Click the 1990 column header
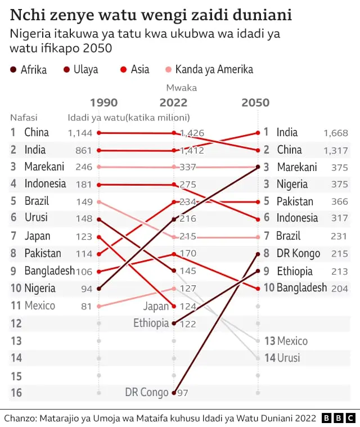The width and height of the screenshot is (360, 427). [x=104, y=102]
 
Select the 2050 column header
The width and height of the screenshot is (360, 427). [x=255, y=102]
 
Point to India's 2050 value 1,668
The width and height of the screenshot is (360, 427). [x=336, y=133]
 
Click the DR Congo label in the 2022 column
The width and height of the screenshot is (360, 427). [x=147, y=392]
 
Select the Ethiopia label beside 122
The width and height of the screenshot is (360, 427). [x=151, y=323]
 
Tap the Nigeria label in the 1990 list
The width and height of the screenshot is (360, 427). [x=40, y=288]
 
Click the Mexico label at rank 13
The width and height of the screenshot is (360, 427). [x=292, y=341]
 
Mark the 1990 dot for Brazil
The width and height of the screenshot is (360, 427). [x=99, y=201]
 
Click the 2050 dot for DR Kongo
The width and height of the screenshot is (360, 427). [x=258, y=254]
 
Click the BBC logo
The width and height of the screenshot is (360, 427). [x=339, y=418]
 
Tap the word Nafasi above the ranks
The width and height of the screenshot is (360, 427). [x=24, y=118]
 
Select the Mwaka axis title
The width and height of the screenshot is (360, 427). [x=181, y=88]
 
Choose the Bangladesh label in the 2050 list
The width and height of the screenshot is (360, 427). [x=301, y=288]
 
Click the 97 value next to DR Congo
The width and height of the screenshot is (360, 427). [x=183, y=393]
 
